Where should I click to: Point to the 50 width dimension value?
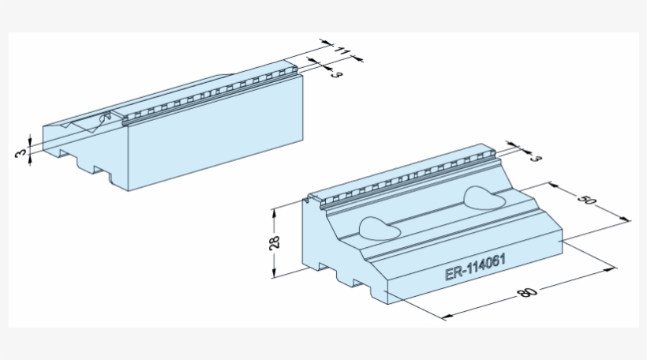coord(586,201)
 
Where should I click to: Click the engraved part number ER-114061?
coord(475,271)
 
